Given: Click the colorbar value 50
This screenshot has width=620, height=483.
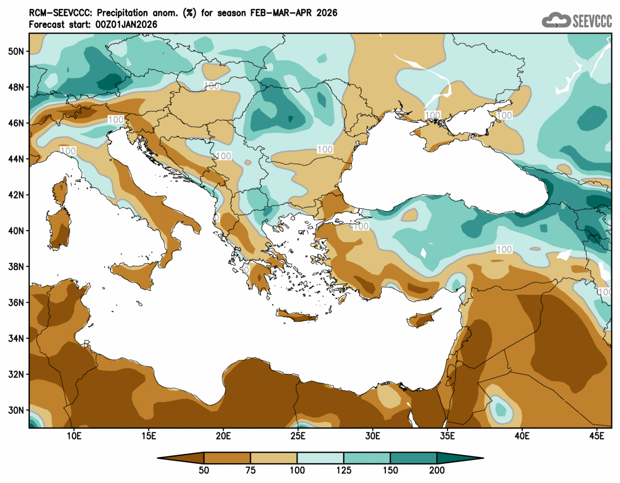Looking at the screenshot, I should [204, 470].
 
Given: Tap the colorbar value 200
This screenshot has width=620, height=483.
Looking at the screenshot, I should [437, 470].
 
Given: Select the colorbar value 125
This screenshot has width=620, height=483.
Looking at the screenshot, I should [344, 470].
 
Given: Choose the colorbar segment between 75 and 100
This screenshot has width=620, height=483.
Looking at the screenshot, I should [274, 457].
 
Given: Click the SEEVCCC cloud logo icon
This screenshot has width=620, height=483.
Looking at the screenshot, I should [556, 20].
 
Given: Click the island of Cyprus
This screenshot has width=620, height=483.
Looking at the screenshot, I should [424, 318].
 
